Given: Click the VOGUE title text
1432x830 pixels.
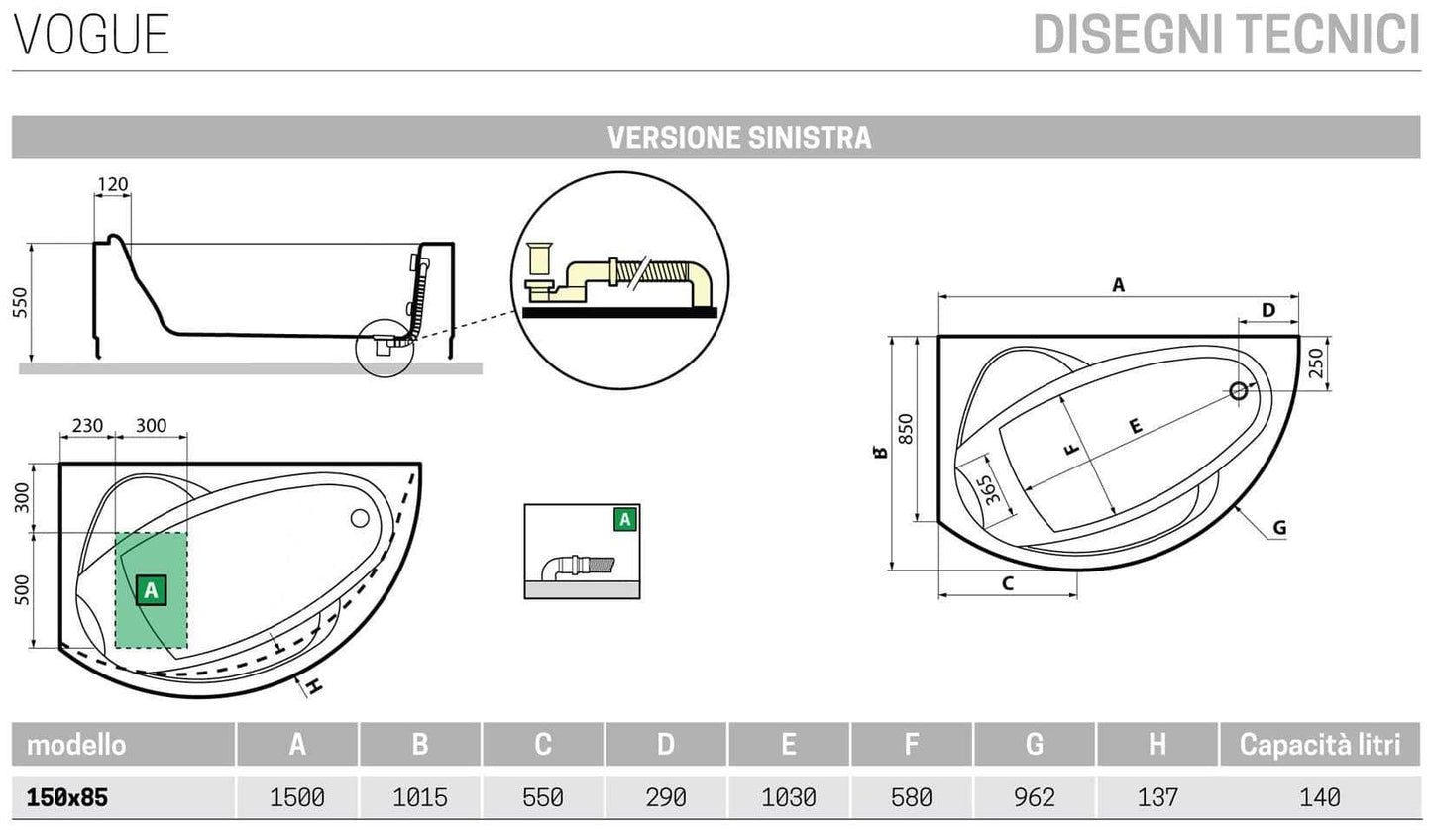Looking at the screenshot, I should click(92, 34).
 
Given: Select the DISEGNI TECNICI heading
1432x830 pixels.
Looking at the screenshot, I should click(1226, 34).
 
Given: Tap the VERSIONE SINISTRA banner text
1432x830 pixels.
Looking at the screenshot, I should click(739, 137).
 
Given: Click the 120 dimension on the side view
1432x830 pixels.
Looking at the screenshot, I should click(113, 184).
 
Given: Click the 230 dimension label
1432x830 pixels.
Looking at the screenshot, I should click(87, 426).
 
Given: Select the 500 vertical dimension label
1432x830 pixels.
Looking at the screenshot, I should click(21, 590).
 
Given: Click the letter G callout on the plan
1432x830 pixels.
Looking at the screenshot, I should click(1278, 528).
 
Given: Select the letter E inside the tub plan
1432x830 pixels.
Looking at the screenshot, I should click(1135, 426).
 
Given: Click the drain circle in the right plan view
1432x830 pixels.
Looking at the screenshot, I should click(1238, 390).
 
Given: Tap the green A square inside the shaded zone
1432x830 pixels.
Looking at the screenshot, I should click(150, 591).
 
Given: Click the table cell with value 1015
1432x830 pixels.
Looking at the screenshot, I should click(419, 797).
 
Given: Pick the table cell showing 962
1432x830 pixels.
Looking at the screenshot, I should click(1035, 797).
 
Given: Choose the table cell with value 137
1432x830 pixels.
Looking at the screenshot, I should click(1157, 797).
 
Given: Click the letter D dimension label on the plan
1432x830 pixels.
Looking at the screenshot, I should click(1268, 310).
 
